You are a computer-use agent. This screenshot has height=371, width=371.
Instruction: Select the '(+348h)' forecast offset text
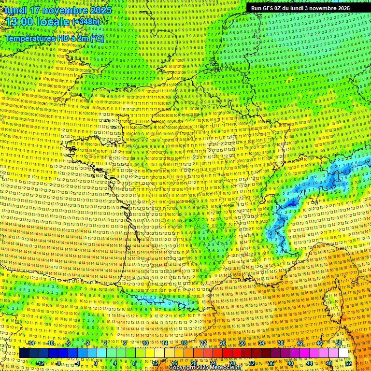point(86,21)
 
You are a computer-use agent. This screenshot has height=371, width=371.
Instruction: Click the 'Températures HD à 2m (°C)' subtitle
point(54,38)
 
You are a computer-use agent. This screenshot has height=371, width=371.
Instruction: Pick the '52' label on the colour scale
point(348,363)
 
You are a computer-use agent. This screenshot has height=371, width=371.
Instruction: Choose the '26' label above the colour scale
point(223,343)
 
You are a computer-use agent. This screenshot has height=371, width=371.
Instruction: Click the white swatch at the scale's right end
point(343,353)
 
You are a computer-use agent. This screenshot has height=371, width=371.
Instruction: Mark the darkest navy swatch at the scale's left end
point(25,353)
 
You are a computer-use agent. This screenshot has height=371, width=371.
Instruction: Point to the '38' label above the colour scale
point(281,343)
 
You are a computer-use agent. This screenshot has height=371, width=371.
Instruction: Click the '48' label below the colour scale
point(329,363)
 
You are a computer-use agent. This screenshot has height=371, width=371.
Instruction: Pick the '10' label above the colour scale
point(145,343)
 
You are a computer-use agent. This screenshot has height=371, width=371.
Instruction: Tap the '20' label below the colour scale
point(194,363)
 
